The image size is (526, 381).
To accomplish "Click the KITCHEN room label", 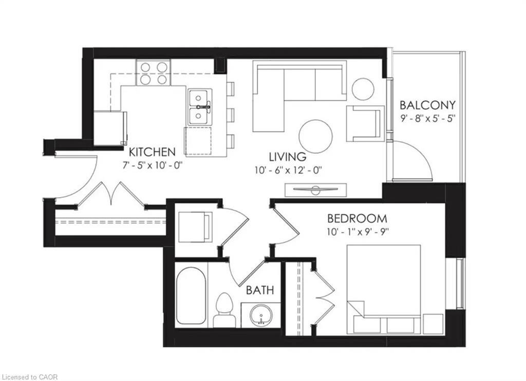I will [x=152, y=152].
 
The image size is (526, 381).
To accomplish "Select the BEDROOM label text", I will [x=358, y=218].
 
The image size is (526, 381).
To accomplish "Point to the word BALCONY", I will [x=427, y=105].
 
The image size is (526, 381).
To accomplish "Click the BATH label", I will [x=260, y=291].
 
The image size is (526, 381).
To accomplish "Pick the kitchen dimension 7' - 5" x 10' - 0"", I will [x=153, y=165].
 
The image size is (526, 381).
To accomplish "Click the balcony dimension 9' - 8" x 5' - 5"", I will [x=427, y=119].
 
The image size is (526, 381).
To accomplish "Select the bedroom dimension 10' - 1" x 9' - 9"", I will [x=358, y=231].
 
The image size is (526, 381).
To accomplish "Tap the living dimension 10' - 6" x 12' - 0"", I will [x=288, y=170].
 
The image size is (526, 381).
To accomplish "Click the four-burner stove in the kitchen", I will [x=154, y=73].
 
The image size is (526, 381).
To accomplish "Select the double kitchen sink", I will [x=199, y=107].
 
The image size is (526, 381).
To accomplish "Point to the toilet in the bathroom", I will [x=224, y=310].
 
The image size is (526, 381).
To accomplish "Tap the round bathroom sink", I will [x=261, y=315].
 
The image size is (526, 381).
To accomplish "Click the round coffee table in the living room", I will [x=315, y=136].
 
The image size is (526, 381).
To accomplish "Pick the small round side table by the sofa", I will [x=363, y=89].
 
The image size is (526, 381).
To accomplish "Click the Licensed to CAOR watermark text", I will [x=30, y=377].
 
